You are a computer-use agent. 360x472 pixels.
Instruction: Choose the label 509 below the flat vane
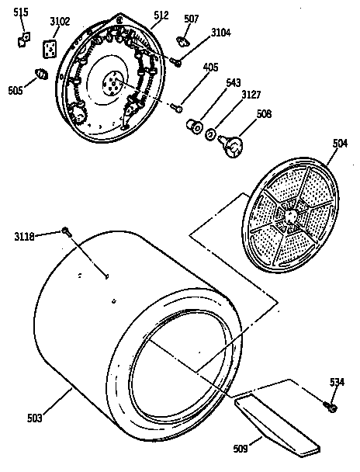(241, 448)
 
